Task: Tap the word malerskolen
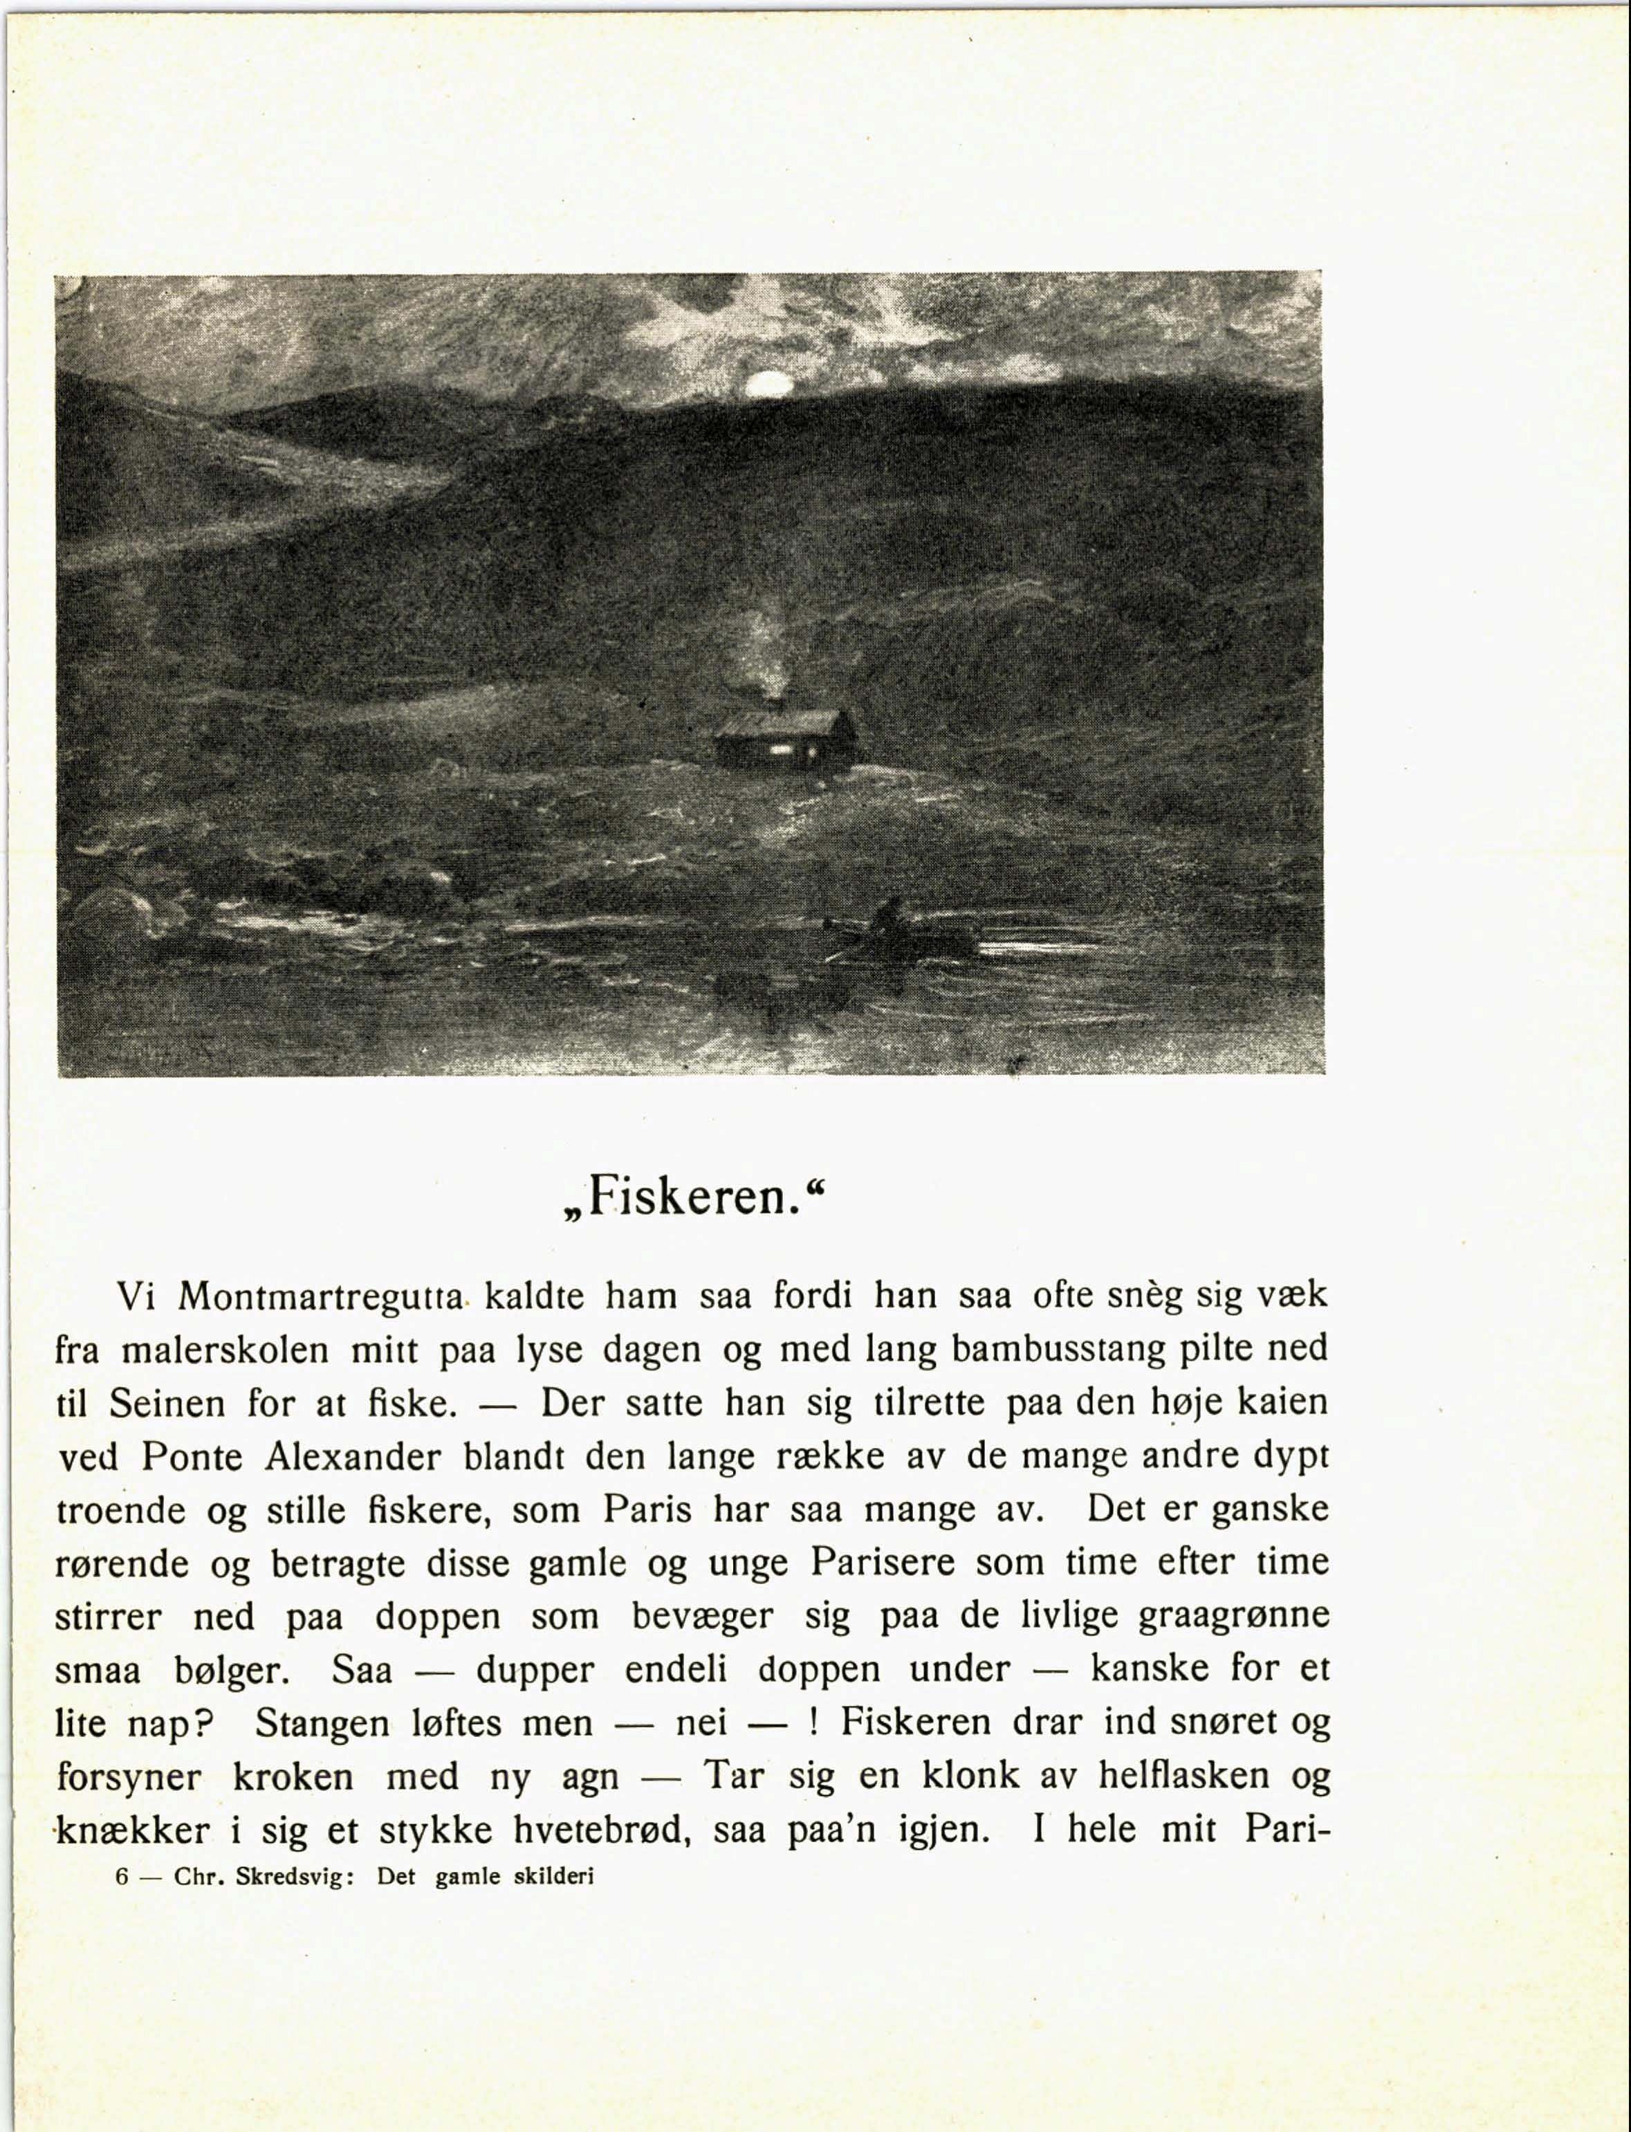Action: click(x=225, y=1350)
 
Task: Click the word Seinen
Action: click(x=167, y=1404)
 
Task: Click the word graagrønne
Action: click(x=1233, y=1617)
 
